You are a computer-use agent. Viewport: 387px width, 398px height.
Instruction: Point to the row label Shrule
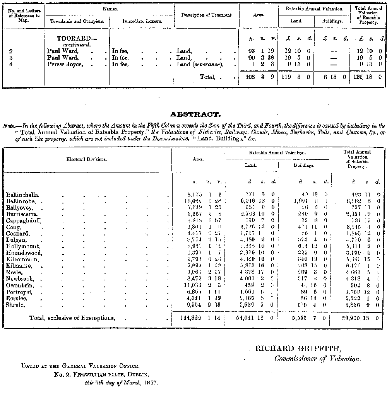click(x=15, y=305)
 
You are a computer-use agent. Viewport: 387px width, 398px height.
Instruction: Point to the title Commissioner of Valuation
click(x=317, y=359)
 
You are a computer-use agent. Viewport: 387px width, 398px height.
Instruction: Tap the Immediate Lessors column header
click(x=142, y=21)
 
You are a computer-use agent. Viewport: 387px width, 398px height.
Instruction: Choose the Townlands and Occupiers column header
click(x=77, y=21)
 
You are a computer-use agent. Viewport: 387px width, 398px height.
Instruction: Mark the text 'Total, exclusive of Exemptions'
click(x=72, y=318)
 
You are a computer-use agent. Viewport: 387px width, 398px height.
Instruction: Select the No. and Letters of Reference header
click(x=24, y=15)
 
